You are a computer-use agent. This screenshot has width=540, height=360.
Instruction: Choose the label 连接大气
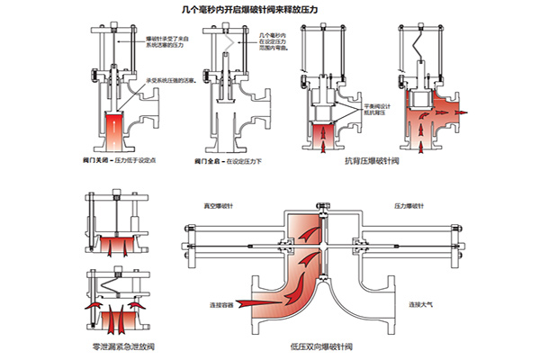pyautogui.click(x=417, y=305)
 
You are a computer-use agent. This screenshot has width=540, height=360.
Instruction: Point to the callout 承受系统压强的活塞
pyautogui.click(x=164, y=80)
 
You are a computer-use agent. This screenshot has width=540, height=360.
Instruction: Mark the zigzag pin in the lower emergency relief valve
pyautogui.click(x=115, y=292)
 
